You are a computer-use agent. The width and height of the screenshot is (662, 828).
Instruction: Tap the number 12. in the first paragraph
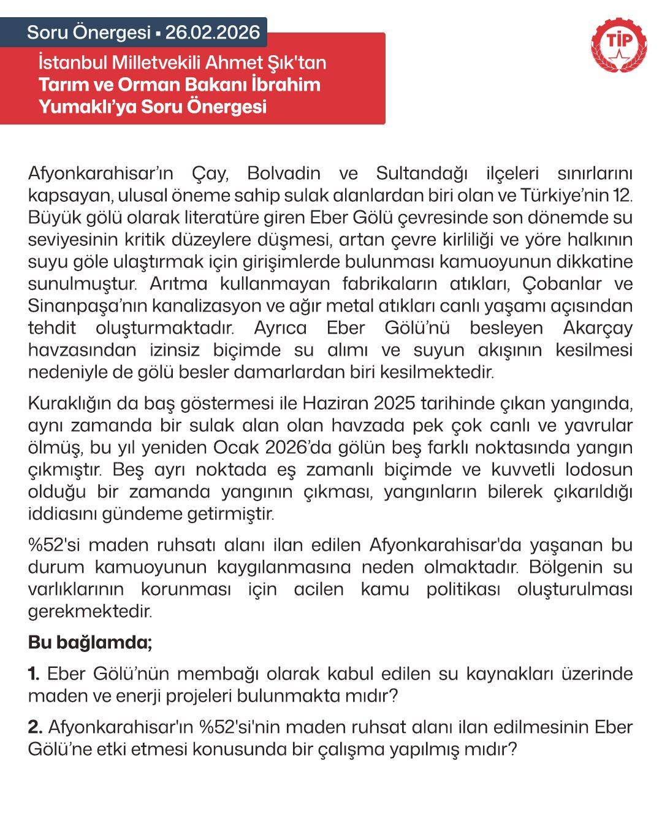pyautogui.click(x=621, y=195)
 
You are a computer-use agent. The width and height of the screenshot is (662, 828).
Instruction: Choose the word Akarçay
pyautogui.click(x=597, y=328)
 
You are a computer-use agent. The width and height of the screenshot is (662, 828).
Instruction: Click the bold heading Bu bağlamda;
pyautogui.click(x=90, y=643)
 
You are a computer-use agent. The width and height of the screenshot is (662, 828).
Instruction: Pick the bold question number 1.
pyautogui.click(x=34, y=673)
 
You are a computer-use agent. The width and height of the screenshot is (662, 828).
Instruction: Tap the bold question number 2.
pyautogui.click(x=35, y=727)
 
